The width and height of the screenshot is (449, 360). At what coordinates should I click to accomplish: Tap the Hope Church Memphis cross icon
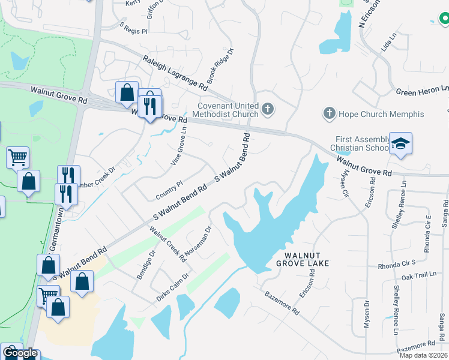[x=328, y=113]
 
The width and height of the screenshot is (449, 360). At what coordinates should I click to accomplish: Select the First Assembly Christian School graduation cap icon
[x=400, y=143]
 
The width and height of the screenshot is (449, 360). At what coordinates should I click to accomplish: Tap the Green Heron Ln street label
[x=423, y=91]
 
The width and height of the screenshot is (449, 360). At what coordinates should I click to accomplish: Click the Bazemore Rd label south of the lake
[x=282, y=302]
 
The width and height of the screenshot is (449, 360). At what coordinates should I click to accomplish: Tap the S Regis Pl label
[x=133, y=29]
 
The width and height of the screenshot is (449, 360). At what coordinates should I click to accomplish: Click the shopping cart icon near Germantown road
[x=17, y=158]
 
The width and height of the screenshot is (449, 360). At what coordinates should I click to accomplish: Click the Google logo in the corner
[x=20, y=353]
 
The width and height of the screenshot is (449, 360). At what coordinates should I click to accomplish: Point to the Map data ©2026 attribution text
[x=424, y=355]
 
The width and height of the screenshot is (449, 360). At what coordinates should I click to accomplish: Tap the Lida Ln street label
[x=390, y=44]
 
